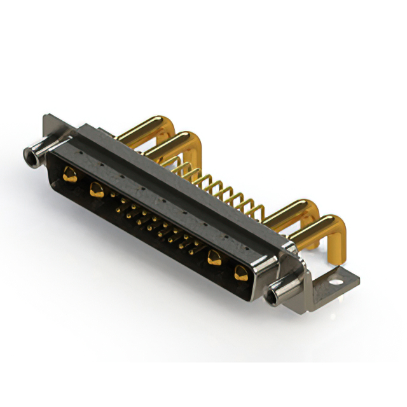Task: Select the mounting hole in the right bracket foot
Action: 337,278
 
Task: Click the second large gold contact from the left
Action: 97,189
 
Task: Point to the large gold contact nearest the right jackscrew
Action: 241,275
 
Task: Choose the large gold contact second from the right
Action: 214,258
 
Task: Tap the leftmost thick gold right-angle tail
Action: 146,127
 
